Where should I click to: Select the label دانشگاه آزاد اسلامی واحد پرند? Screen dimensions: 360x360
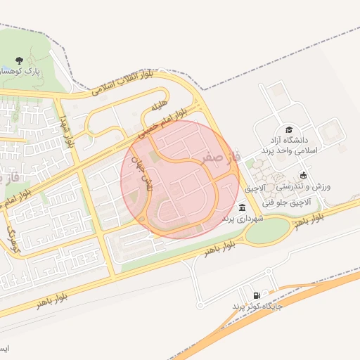[x=289, y=146]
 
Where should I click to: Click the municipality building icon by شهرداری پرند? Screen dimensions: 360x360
[x=243, y=207]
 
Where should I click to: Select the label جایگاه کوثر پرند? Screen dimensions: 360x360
[x=257, y=307]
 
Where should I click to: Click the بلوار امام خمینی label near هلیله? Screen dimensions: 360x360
[x=162, y=122]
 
